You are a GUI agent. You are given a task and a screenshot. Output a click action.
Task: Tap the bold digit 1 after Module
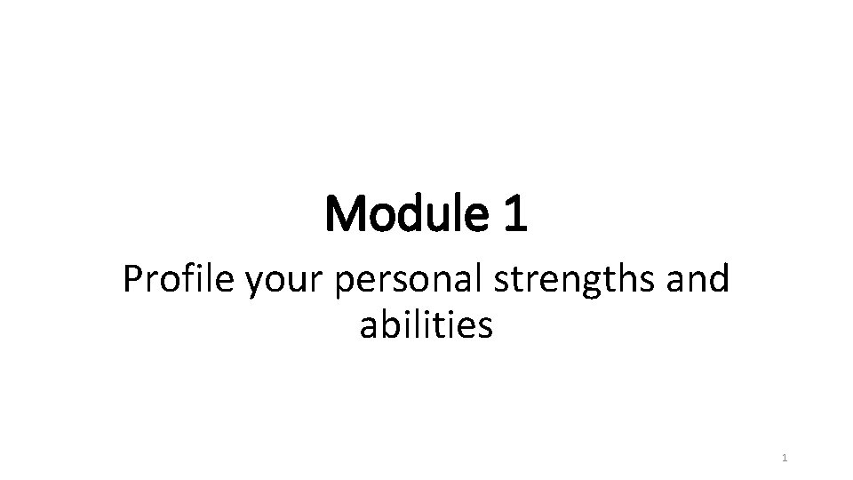click(x=514, y=215)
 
